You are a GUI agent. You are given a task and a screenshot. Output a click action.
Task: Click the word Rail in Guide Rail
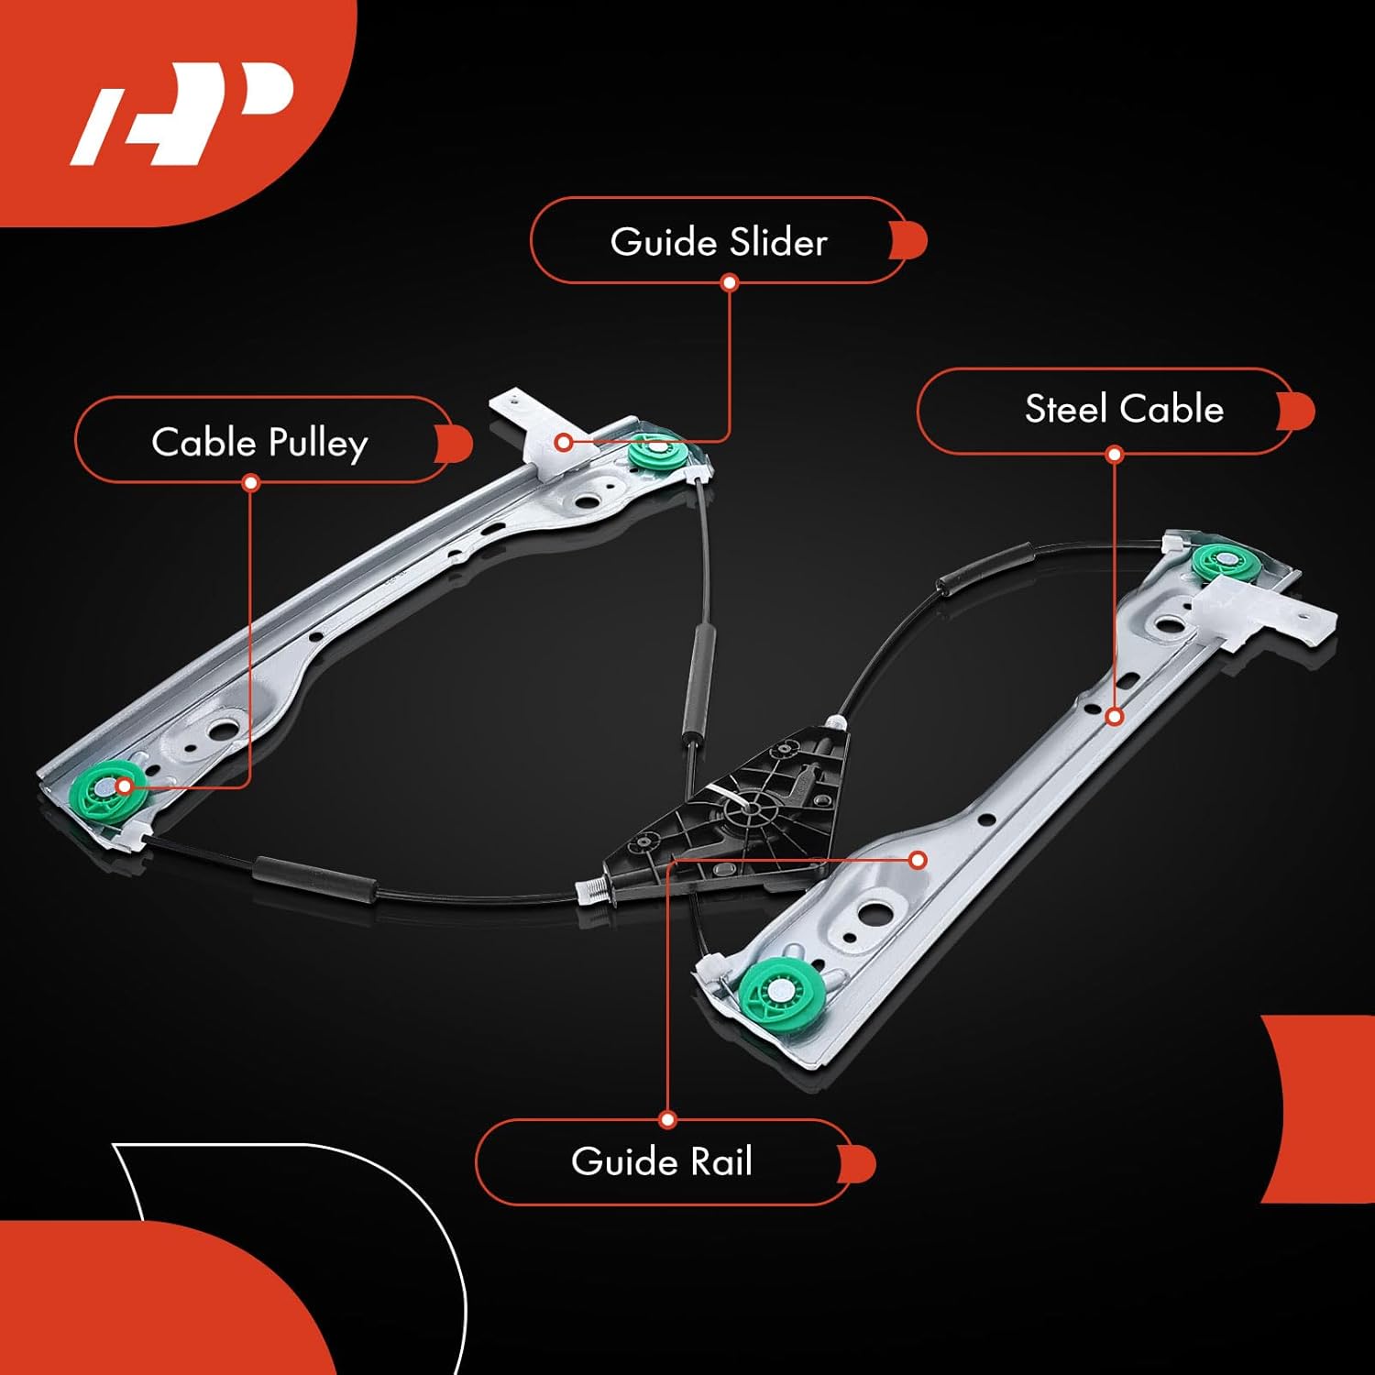pyautogui.click(x=720, y=1161)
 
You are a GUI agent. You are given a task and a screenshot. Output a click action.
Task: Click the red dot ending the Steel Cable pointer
pyautogui.click(x=1114, y=717)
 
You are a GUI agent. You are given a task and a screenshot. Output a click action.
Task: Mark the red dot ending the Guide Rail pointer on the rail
pyautogui.click(x=918, y=860)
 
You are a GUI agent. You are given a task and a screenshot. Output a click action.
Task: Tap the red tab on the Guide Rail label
pyautogui.click(x=859, y=1162)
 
